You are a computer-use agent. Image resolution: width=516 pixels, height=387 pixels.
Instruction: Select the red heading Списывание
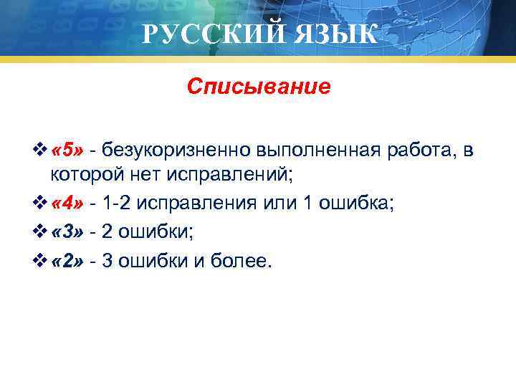tap(259, 87)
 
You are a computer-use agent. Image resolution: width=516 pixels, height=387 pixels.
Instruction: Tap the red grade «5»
tap(70, 149)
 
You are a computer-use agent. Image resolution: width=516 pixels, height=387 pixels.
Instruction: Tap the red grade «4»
tap(70, 204)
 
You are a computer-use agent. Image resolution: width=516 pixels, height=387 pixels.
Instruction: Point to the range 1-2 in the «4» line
tap(118, 204)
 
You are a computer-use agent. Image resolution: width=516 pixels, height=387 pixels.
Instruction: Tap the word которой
tap(82, 176)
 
